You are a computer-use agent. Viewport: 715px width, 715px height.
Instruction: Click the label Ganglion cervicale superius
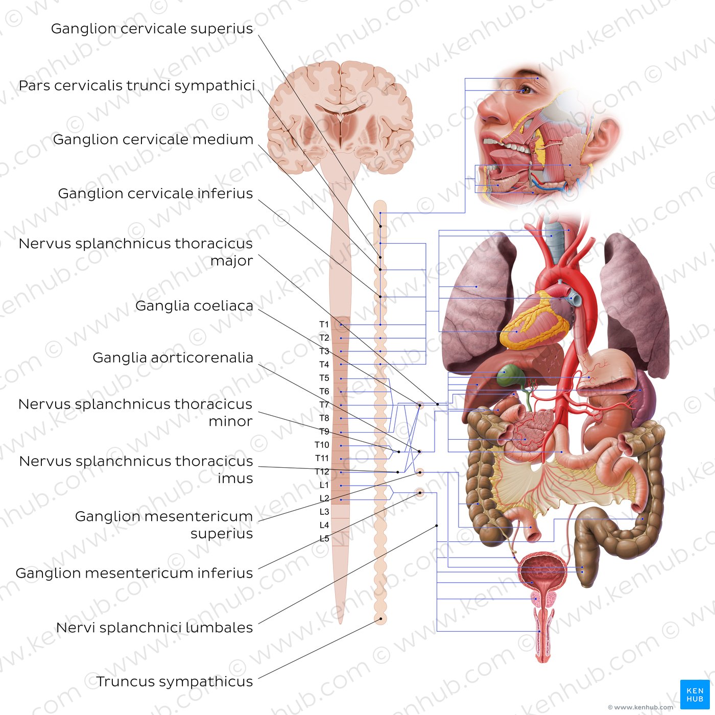point(152,29)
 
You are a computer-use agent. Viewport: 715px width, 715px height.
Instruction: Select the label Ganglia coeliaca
point(194,306)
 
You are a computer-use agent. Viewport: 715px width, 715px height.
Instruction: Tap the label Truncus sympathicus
point(174,682)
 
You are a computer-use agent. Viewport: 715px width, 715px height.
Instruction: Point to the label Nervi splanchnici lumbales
point(154,628)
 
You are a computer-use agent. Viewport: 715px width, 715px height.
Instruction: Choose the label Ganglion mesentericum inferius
point(134,573)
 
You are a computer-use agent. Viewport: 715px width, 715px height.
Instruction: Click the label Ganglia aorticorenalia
point(173,357)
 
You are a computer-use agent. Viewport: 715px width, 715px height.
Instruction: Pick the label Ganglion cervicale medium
point(153,139)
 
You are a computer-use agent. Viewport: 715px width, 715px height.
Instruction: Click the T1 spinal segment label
point(324,325)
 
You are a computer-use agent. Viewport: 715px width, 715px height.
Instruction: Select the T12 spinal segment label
point(322,471)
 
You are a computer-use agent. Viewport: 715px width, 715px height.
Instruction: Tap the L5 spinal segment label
point(324,538)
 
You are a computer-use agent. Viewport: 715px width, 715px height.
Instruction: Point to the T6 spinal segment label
point(324,391)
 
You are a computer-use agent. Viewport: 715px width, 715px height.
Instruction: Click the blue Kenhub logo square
point(695,695)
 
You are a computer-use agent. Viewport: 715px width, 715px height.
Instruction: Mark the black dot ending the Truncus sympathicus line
point(380,619)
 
